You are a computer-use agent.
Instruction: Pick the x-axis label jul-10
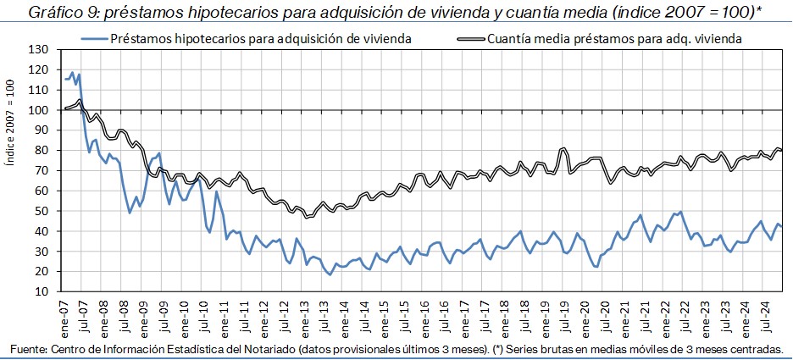203,312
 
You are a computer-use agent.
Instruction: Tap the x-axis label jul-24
768,312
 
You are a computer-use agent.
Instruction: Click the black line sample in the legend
470,39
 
